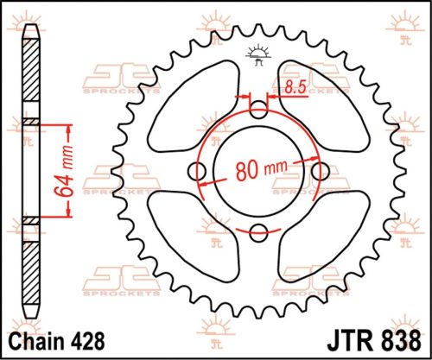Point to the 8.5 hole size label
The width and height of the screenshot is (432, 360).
click(294, 87)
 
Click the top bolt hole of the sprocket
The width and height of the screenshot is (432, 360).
click(258, 110)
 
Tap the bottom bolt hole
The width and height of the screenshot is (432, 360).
click(258, 231)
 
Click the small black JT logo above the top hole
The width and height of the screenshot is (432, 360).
click(258, 54)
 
